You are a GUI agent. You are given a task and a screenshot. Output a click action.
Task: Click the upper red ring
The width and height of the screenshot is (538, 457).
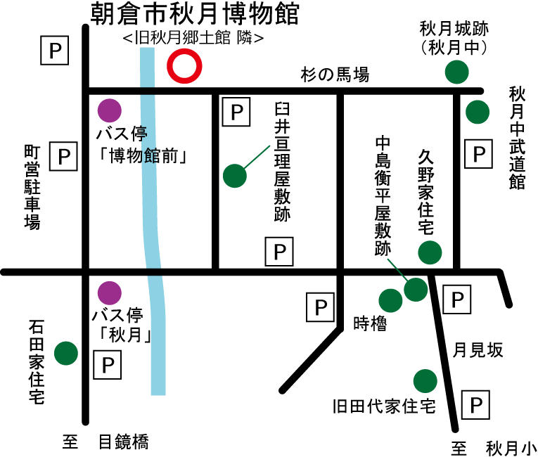coord(184,66)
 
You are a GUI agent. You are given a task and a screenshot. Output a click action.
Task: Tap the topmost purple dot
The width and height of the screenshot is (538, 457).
coord(110,110)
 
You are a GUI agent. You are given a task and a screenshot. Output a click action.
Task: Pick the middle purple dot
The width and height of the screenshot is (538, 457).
coord(110,293)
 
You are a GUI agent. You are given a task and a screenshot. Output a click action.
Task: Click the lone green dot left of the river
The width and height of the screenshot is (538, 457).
coord(66,353)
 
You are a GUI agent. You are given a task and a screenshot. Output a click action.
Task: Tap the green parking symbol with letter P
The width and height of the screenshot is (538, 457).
coord(477,411)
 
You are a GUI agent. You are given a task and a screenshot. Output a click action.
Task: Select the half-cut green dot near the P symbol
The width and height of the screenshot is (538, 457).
coord(458,372)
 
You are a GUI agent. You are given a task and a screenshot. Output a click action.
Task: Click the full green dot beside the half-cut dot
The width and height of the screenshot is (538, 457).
coord(425,381)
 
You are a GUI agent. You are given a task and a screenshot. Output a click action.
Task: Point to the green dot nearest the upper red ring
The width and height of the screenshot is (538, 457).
coord(235,176)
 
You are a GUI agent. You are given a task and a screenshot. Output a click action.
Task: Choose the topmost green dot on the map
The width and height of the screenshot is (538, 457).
coord(456,72)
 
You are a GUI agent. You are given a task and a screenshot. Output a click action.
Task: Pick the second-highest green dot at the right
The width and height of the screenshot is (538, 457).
coord(478,112)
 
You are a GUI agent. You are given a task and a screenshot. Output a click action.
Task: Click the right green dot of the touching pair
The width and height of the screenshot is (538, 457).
coord(416,290)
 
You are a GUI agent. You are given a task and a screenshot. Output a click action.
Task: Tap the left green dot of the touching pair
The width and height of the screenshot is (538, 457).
coord(390,301)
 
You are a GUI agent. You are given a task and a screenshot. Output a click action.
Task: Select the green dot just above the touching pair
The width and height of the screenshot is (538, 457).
coord(430,252)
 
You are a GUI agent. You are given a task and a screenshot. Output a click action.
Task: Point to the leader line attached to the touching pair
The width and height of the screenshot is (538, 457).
coord(397,269)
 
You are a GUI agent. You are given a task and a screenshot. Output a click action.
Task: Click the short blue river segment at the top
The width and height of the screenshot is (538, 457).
coord(147,67)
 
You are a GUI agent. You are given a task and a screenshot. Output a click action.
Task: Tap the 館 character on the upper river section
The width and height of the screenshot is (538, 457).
coord(150,155)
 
